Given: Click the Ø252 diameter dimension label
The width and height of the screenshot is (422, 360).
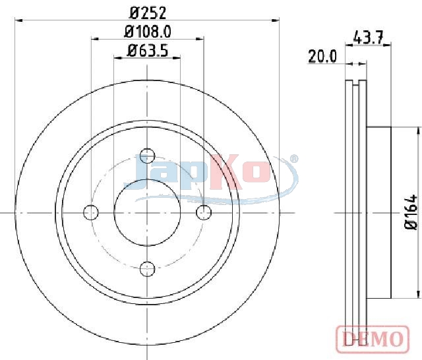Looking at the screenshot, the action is pyautogui.click(x=148, y=13).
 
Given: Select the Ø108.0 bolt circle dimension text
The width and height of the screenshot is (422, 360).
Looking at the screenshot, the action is pyautogui.click(x=148, y=32).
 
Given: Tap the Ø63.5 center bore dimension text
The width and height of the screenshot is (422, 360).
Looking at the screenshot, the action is pyautogui.click(x=148, y=51).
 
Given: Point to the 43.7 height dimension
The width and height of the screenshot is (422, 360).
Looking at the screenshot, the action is pyautogui.click(x=368, y=37).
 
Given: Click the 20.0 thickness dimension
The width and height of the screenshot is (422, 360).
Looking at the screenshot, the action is pyautogui.click(x=322, y=57).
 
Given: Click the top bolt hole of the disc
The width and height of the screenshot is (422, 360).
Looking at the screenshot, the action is pyautogui.click(x=148, y=156).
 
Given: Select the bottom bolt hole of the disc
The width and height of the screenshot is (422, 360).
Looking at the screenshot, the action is pyautogui.click(x=148, y=268).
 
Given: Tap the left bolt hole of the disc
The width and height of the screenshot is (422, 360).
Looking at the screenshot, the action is pyautogui.click(x=91, y=212).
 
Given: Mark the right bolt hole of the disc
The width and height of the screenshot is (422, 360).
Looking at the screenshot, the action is pyautogui.click(x=204, y=212).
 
